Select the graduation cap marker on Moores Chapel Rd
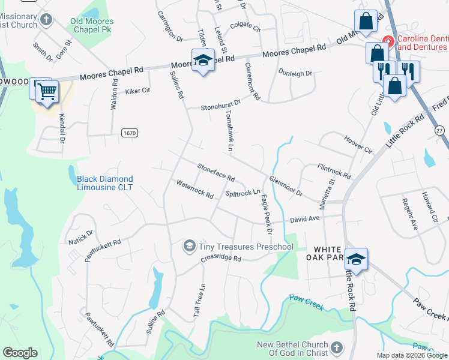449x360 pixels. pyautogui.click(x=203, y=60)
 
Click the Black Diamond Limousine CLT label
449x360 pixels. pyautogui.click(x=105, y=183)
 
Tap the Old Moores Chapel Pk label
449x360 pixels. pyautogui.click(x=92, y=25)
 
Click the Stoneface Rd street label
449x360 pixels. pyautogui.click(x=215, y=173)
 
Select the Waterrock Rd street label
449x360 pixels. pyautogui.click(x=194, y=190)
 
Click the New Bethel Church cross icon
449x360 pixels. pyautogui.click(x=336, y=348)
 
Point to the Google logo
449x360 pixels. pyautogui.click(x=20, y=352)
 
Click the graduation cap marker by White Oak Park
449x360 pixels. pyautogui.click(x=356, y=259)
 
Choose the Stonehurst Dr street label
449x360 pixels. pyautogui.click(x=220, y=106)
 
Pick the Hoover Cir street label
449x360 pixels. pyautogui.click(x=358, y=144)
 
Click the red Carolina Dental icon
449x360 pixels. pyautogui.click(x=388, y=41)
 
